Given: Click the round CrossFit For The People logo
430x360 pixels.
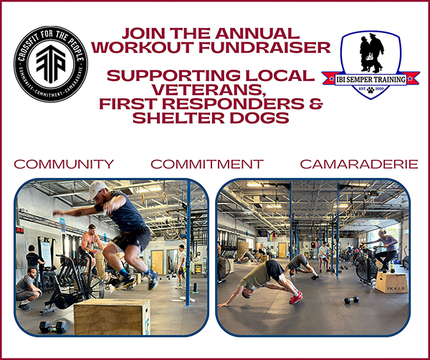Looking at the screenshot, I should pos(50,64).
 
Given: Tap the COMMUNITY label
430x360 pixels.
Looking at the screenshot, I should pos(63,164).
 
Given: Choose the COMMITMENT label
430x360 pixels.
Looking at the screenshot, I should pos(206,164).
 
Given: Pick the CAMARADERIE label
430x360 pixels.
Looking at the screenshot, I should pos(358,164).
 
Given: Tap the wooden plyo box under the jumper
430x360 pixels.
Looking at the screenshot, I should pos(112,316).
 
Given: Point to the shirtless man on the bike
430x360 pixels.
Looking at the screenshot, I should pos(92,244).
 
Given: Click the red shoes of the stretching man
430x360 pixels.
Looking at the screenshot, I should pos(295,297).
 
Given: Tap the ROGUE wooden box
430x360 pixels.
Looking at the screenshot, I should pos(391,281).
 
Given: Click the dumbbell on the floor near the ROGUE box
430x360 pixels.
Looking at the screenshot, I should pos(351,299).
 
